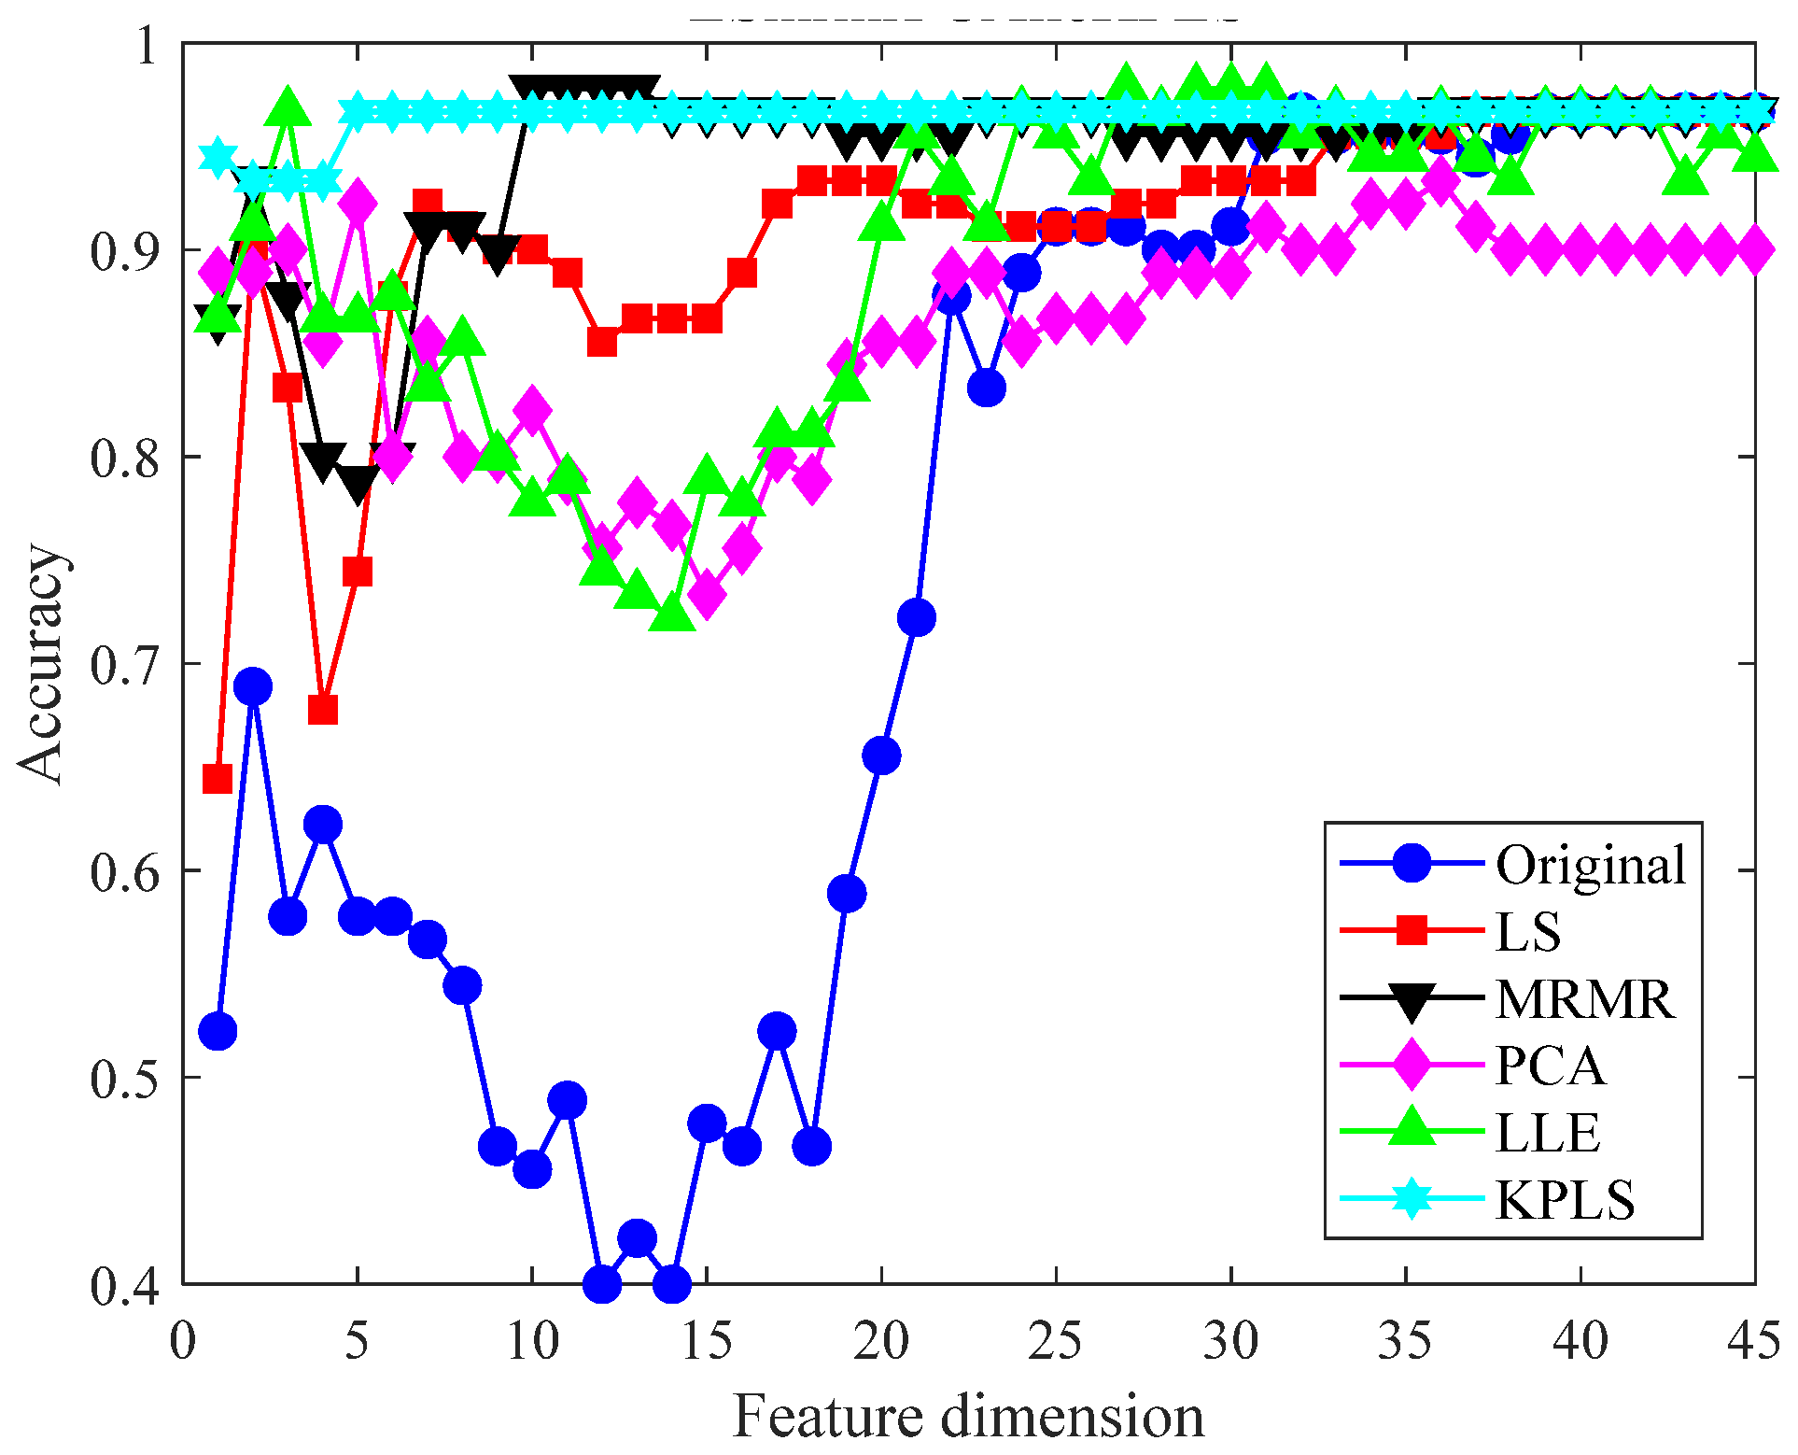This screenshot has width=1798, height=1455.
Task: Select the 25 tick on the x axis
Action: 1056,1341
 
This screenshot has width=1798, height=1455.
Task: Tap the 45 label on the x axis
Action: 1754,1341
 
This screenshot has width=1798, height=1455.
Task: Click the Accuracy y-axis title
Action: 41,663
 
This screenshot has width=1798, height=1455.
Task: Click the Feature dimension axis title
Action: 968,1416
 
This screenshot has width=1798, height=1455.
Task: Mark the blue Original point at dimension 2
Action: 253,687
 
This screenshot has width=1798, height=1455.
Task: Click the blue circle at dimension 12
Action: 602,1284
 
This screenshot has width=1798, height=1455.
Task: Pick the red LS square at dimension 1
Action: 218,778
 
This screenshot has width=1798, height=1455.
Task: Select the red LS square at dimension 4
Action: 323,710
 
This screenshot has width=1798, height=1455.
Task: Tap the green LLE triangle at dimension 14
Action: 672,614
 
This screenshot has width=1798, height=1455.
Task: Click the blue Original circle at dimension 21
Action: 917,617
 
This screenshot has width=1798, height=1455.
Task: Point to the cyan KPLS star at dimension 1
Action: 218,157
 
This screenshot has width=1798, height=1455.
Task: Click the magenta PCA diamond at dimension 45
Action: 1754,250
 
